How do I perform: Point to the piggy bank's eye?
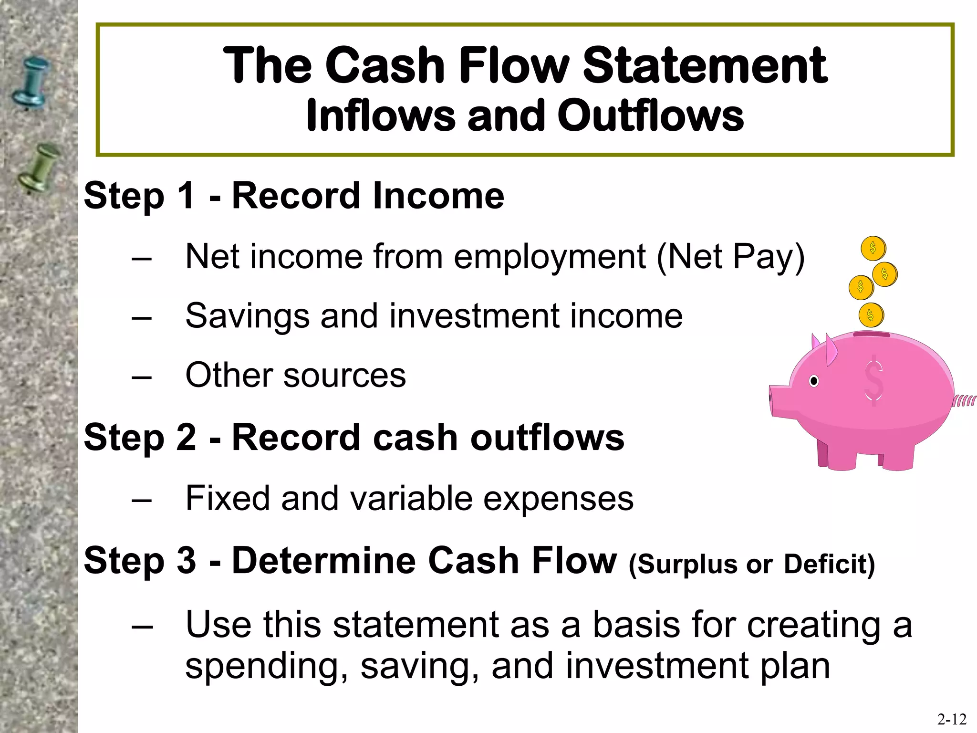[x=814, y=381]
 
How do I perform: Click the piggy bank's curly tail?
[x=964, y=400]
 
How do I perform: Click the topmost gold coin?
[x=873, y=248]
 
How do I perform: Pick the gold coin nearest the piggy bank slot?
[x=871, y=315]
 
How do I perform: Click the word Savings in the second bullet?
[x=247, y=316]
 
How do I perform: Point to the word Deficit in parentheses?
[x=829, y=564]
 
